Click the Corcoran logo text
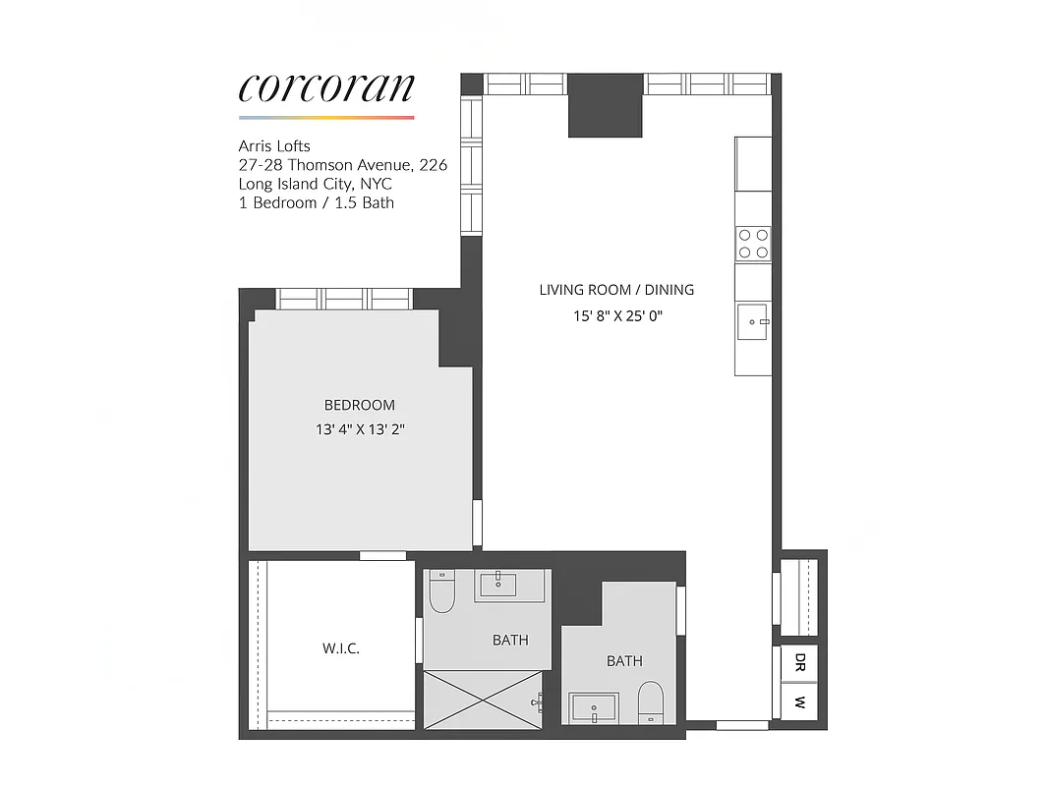click(326, 87)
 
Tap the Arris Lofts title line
click(274, 146)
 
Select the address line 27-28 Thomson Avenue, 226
click(342, 165)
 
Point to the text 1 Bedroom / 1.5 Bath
click(316, 202)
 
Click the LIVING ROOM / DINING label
click(616, 290)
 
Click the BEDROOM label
click(360, 405)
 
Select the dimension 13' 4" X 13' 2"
click(360, 430)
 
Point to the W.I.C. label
click(340, 649)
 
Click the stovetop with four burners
click(753, 243)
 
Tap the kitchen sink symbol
click(753, 321)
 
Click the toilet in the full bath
click(442, 591)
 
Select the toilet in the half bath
click(650, 703)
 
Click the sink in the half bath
click(594, 707)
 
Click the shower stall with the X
click(483, 700)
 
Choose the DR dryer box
click(800, 661)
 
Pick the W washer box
click(800, 703)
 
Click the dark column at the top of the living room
click(606, 105)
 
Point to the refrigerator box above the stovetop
click(753, 164)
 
